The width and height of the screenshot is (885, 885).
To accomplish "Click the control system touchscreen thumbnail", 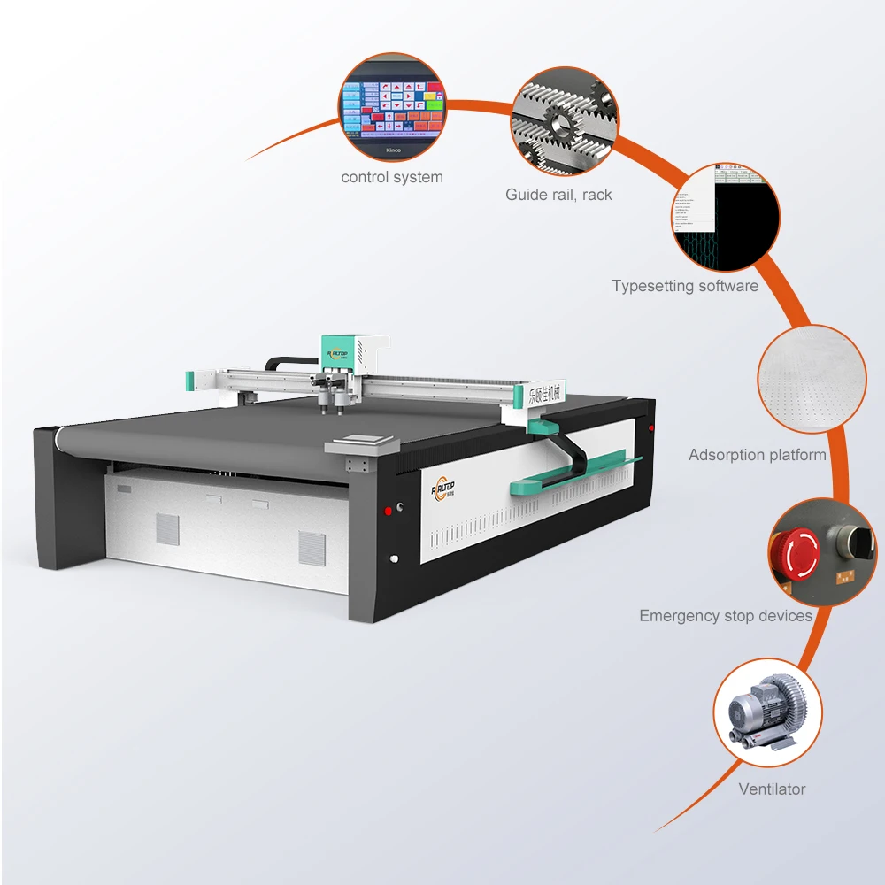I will point(391,108).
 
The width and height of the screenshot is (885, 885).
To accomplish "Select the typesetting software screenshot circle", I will point(727,217).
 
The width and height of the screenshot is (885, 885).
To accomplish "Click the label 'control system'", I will point(392,177).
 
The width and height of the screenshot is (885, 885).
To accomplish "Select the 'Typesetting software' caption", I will point(685,286).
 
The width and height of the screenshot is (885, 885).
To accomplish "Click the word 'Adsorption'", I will point(726,455).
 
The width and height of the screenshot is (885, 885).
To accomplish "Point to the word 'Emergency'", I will point(675,615).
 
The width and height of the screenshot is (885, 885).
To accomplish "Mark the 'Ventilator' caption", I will point(773,789).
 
